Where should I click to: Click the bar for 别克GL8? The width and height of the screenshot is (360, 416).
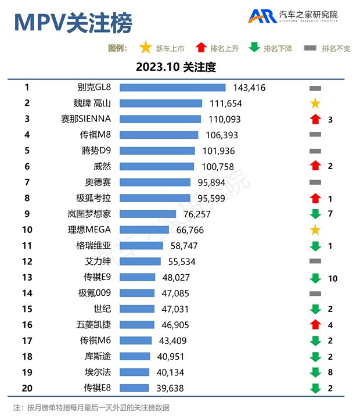pos(172,88)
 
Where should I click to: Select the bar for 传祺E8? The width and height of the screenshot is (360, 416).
pos(134,388)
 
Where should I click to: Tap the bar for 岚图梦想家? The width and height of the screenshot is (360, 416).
pos(147,214)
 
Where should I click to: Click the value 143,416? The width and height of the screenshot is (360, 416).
pos(249,88)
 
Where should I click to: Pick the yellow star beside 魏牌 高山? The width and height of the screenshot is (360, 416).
pos(315,103)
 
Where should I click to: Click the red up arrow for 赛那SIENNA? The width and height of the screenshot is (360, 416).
pos(315,119)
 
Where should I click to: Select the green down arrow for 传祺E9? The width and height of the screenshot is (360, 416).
pos(315,278)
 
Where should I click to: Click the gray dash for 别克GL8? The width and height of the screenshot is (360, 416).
pos(315,88)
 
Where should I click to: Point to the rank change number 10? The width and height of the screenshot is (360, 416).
pos(332,278)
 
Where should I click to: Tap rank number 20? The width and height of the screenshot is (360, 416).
pos(27,388)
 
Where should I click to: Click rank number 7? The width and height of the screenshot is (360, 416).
pos(27,182)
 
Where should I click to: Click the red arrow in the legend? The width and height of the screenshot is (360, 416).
pos(201,48)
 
